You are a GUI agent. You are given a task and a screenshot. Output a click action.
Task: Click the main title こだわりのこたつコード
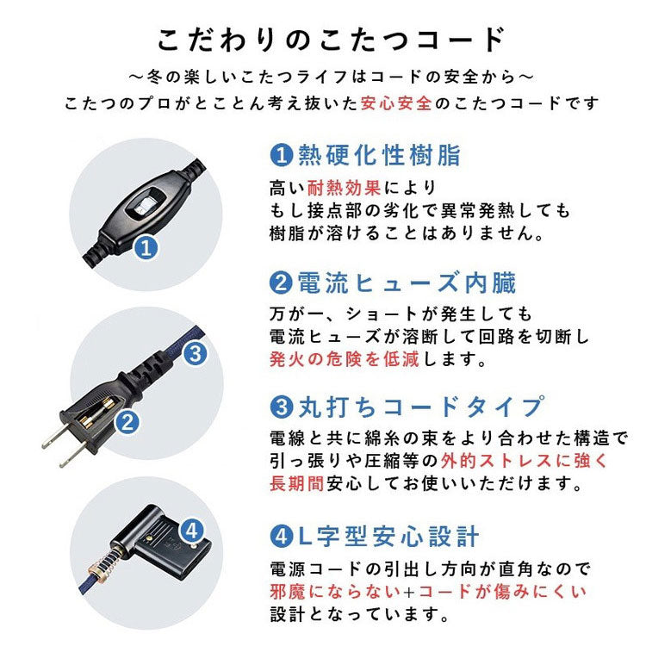[x=330, y=40]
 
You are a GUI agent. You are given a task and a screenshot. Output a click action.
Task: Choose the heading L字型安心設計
[x=387, y=537]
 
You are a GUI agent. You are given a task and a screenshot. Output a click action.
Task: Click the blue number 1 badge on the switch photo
[x=146, y=249]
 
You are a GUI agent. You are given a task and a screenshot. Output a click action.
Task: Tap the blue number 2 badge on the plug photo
[x=127, y=422]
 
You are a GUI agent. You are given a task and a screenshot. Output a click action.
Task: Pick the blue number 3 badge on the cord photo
[x=195, y=352]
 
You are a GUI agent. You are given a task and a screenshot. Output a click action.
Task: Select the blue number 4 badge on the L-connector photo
[x=193, y=529]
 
